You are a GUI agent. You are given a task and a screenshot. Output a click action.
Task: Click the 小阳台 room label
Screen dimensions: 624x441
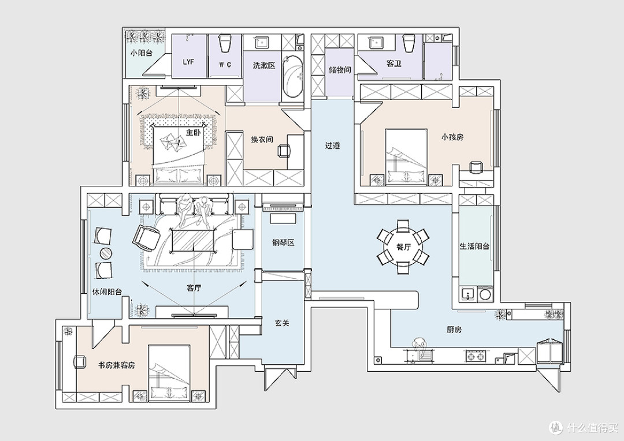[142, 53]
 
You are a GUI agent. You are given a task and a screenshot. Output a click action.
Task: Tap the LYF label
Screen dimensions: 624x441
[188, 62]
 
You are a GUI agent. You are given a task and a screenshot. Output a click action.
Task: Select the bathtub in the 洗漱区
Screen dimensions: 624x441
[293, 76]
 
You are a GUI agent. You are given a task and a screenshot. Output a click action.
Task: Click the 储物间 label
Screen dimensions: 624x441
[340, 70]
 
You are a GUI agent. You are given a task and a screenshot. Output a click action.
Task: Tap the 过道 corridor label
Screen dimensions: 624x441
[333, 145]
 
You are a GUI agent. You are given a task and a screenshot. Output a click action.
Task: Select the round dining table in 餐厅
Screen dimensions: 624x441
[403, 247]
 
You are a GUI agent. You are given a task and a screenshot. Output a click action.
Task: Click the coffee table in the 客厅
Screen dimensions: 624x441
[194, 241]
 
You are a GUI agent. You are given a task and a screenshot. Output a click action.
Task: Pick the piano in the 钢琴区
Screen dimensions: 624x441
[284, 206]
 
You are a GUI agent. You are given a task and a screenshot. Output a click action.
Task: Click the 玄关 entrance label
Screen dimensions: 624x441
[282, 323]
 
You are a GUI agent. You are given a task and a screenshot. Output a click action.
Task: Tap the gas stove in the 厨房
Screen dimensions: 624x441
[476, 356]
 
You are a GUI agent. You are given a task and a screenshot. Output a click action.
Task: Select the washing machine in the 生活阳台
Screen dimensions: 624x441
[485, 294]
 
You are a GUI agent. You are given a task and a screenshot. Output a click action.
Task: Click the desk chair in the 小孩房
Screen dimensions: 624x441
[476, 167]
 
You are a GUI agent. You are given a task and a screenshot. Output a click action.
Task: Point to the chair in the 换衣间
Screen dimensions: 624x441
[284, 151]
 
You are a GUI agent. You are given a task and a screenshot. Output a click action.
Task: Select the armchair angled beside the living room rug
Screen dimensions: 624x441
[146, 238]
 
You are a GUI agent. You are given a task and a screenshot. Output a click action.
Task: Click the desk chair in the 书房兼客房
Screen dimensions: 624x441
[80, 362]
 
